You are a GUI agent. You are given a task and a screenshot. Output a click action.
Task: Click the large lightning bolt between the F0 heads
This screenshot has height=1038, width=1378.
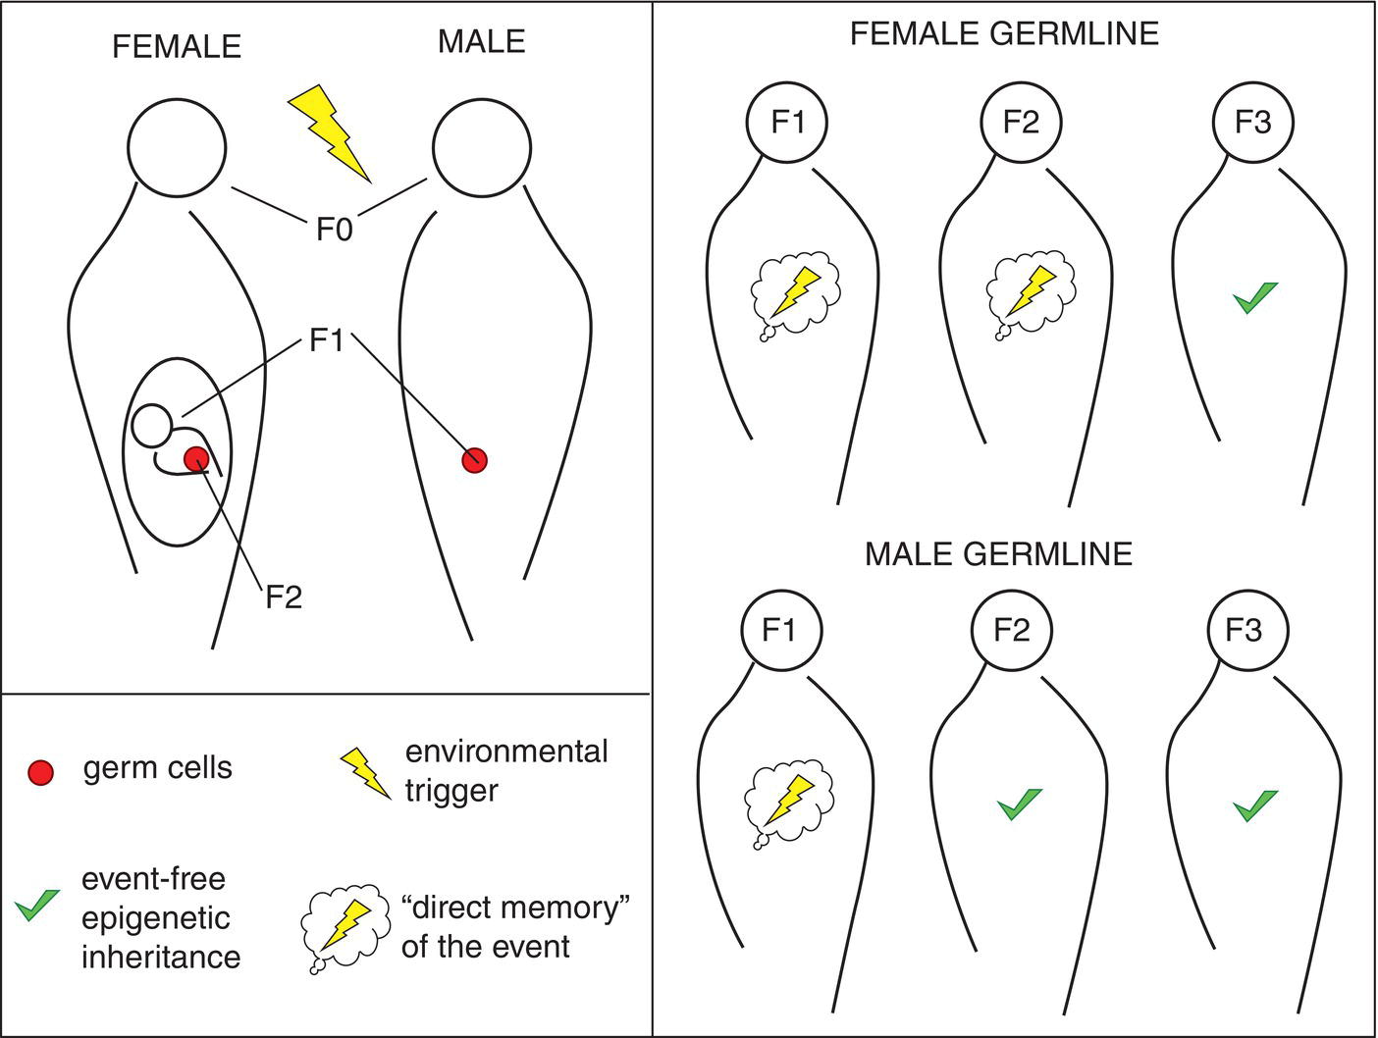(x=331, y=132)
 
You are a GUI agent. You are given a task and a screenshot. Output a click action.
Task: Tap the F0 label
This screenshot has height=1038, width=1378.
(x=334, y=230)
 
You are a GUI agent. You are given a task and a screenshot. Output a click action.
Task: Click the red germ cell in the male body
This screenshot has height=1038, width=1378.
(x=475, y=459)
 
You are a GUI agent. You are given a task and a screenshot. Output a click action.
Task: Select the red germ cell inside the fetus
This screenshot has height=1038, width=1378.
(x=197, y=457)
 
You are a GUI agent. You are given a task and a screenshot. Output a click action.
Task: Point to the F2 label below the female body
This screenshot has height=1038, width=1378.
(x=284, y=597)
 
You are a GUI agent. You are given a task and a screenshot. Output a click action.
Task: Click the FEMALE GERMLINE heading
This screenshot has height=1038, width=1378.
(x=1004, y=34)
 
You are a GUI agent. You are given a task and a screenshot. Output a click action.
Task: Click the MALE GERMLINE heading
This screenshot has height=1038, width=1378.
(x=998, y=553)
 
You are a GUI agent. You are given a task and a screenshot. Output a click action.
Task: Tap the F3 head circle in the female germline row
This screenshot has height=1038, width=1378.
(x=1253, y=122)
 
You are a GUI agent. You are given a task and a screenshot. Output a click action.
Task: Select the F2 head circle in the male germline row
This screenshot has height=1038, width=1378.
(x=1011, y=630)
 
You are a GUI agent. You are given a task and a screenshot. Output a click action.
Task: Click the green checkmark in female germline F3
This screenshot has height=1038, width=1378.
(x=1255, y=297)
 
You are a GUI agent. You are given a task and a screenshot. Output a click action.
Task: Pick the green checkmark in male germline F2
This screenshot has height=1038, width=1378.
(x=1019, y=804)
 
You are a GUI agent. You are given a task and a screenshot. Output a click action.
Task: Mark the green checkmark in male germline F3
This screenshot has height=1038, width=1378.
(x=1255, y=804)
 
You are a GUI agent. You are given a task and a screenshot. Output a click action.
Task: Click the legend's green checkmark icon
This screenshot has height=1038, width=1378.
(x=37, y=905)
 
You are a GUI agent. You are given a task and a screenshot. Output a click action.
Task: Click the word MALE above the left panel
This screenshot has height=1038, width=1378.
(x=481, y=41)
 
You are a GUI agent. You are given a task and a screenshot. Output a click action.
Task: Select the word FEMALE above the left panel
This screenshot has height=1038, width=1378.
(x=177, y=46)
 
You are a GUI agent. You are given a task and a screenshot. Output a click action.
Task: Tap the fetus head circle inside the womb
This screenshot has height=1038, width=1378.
(x=152, y=424)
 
